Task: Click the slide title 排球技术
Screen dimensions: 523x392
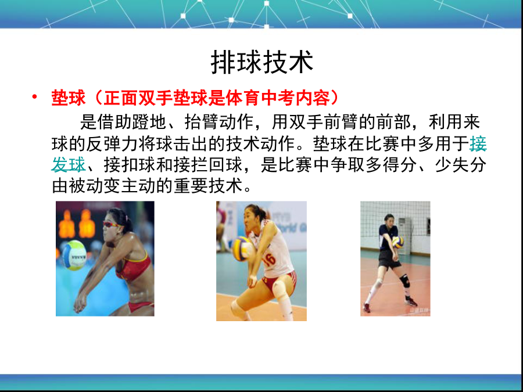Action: click(262, 62)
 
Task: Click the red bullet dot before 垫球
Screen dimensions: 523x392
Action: click(34, 97)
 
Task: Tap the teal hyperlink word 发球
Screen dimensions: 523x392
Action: click(69, 165)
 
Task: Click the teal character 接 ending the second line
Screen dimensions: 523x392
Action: click(478, 144)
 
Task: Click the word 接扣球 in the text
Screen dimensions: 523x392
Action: click(130, 165)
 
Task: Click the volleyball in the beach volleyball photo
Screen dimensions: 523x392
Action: click(74, 255)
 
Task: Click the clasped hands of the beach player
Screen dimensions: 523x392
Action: click(80, 303)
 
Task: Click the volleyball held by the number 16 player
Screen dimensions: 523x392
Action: click(242, 249)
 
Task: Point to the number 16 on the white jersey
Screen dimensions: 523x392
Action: click(269, 259)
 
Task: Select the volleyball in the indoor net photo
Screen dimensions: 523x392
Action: click(397, 242)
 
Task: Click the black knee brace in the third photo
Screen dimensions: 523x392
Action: click(405, 281)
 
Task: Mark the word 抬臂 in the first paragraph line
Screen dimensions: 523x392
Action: click(202, 123)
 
